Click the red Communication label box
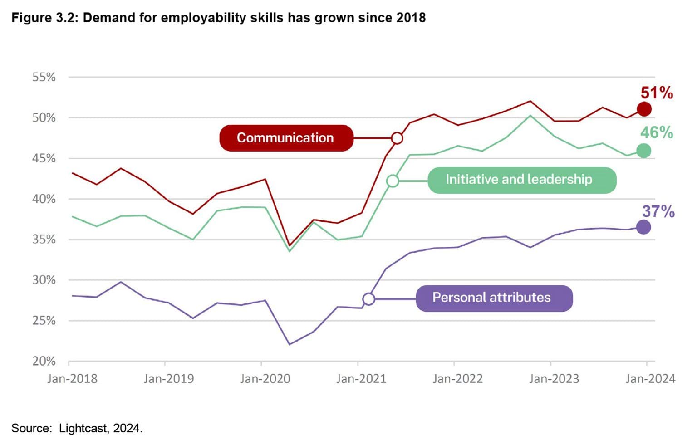tap(286, 138)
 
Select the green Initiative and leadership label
tap(522, 180)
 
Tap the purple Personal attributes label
tap(494, 298)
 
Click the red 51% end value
tap(656, 93)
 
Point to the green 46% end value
tap(656, 132)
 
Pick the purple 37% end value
tap(658, 211)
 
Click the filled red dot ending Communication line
tap(644, 109)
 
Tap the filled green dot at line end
tap(643, 151)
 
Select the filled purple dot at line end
tap(643, 227)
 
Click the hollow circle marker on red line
tap(397, 138)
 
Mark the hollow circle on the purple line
tap(368, 299)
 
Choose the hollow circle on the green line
tap(393, 181)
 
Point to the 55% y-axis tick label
tap(44, 77)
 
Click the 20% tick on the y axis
tap(44, 361)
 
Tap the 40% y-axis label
tap(44, 199)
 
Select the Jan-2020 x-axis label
tap(265, 379)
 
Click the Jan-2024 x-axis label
tap(650, 379)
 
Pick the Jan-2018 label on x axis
tap(72, 379)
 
